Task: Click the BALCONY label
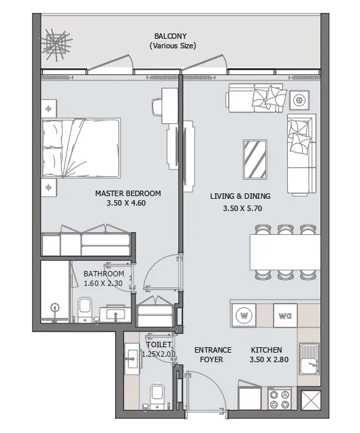(172, 35)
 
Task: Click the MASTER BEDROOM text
(128, 193)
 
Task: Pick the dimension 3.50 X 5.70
(242, 208)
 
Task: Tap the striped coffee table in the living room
(255, 159)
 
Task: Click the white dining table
(285, 252)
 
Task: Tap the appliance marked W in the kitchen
(244, 315)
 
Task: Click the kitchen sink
(310, 359)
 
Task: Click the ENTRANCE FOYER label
(213, 355)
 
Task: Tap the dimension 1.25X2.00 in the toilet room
(161, 354)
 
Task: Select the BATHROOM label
(103, 274)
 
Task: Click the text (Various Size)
(172, 46)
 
